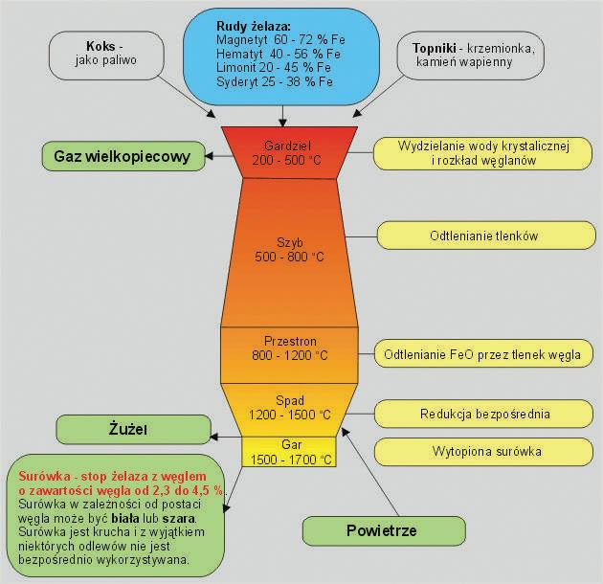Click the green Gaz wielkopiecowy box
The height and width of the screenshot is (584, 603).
tap(123, 155)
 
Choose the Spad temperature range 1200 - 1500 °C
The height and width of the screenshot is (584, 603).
tap(290, 415)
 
